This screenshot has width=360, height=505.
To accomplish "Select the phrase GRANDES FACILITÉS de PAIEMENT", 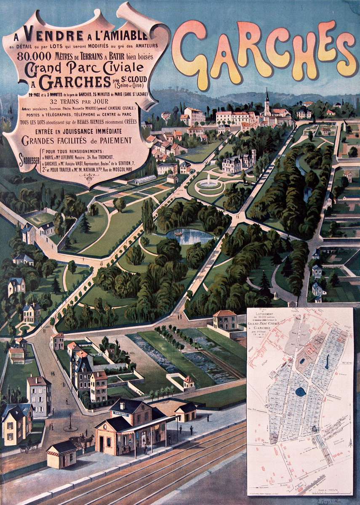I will [x=77, y=140].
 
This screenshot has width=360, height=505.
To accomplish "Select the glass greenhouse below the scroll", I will [x=144, y=181].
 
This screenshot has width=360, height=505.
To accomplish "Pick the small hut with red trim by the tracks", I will [x=61, y=454].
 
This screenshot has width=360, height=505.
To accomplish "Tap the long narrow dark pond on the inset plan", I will [x=328, y=348].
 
